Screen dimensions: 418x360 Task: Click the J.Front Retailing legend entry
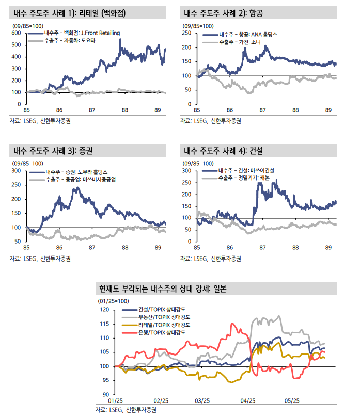point(83,33)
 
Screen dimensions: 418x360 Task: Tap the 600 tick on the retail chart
point(15,33)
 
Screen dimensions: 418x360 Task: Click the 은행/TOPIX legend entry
point(164,333)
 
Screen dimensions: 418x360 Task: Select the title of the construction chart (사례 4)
point(224,151)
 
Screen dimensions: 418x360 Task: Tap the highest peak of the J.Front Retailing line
point(121,40)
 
